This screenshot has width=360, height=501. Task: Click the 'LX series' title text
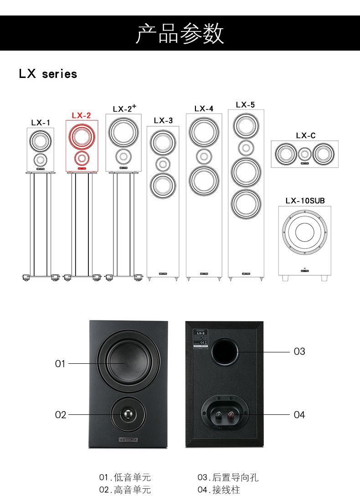[x=48, y=74]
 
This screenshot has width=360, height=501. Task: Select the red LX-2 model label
[x=81, y=116]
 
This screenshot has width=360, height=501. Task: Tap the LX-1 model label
[x=41, y=123]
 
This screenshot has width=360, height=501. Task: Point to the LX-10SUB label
[x=305, y=201]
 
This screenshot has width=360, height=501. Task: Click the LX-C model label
[x=305, y=135]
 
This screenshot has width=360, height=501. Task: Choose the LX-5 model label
[x=245, y=105]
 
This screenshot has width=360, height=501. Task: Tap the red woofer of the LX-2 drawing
[x=82, y=135]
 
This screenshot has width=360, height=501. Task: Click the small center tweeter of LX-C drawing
[x=305, y=154]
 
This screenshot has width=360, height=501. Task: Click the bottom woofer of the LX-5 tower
[x=246, y=204]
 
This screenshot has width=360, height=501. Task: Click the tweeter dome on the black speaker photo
[x=128, y=414]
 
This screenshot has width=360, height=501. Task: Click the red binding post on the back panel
[x=231, y=415]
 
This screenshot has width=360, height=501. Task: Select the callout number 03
[x=299, y=351]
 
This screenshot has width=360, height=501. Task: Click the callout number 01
[x=60, y=364]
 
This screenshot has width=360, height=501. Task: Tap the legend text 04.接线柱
[x=219, y=490]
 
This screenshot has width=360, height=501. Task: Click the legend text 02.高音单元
[x=125, y=490]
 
